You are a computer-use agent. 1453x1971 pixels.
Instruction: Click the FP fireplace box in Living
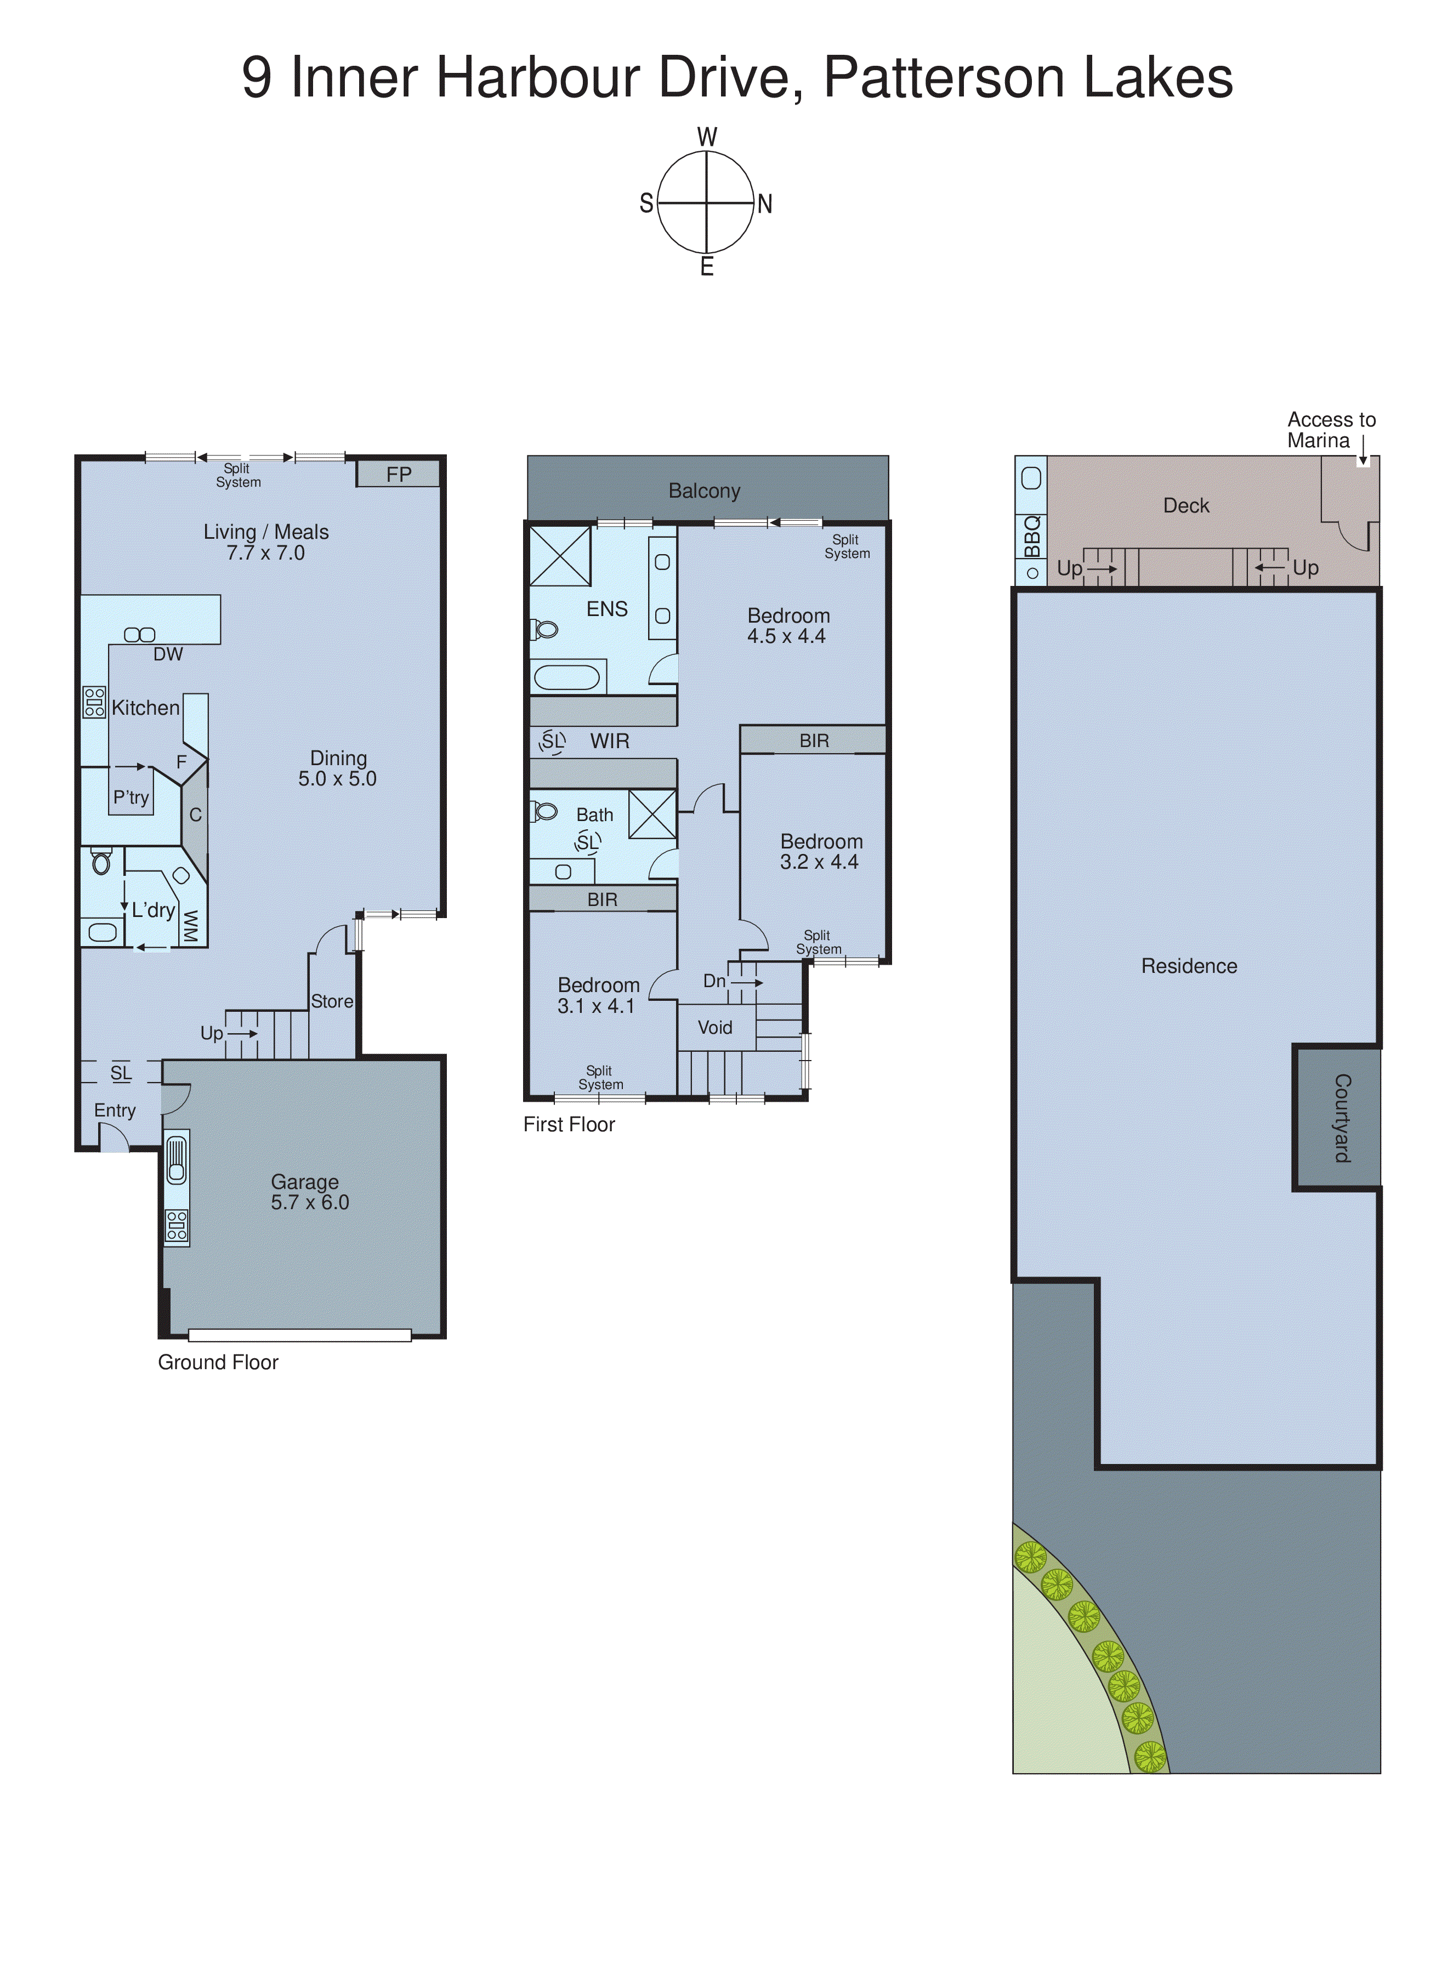point(399,474)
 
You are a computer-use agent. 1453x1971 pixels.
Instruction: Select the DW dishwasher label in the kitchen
point(168,654)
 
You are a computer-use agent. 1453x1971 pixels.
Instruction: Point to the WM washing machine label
point(190,925)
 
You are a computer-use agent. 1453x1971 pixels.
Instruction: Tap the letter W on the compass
point(707,137)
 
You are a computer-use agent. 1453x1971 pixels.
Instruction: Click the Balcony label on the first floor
point(705,491)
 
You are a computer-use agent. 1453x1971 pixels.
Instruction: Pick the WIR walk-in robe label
point(610,740)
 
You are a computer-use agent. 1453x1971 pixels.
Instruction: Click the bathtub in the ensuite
point(567,677)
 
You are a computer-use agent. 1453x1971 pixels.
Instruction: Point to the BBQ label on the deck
point(1032,536)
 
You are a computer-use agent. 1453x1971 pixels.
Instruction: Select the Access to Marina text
point(1330,430)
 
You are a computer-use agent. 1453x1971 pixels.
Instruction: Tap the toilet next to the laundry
point(101,862)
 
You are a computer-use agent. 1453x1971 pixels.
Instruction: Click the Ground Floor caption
point(218,1362)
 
